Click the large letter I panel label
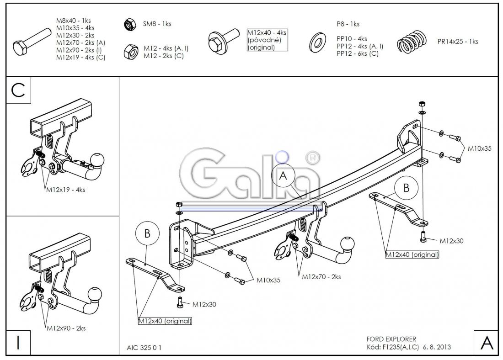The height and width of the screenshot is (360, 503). pyautogui.click(x=18, y=343)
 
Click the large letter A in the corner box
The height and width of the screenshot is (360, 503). pyautogui.click(x=487, y=343)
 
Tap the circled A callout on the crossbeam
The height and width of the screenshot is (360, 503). pyautogui.click(x=284, y=176)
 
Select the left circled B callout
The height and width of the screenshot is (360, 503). pyautogui.click(x=147, y=233)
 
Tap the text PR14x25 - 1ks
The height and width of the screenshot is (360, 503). pyautogui.click(x=457, y=41)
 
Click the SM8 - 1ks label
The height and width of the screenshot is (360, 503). pyautogui.click(x=157, y=24)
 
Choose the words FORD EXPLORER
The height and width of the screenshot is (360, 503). pyautogui.click(x=391, y=339)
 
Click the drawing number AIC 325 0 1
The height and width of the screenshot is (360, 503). pyautogui.click(x=144, y=348)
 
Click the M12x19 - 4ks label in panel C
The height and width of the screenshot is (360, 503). pyautogui.click(x=65, y=190)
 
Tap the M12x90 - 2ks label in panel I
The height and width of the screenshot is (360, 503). pyautogui.click(x=65, y=328)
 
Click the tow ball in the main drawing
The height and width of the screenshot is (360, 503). pyautogui.click(x=348, y=243)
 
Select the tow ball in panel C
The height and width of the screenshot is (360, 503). pyautogui.click(x=97, y=159)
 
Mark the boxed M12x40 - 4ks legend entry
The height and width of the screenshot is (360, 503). pyautogui.click(x=267, y=40)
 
